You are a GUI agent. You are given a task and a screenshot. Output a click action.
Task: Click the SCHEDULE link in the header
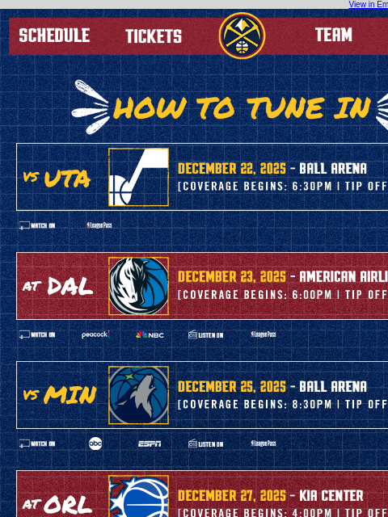coord(54,36)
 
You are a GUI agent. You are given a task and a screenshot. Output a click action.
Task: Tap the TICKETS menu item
coord(154,36)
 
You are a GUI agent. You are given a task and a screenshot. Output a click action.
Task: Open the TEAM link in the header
coord(334,35)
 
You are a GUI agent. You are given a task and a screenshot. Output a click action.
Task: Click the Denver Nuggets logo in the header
coord(242,36)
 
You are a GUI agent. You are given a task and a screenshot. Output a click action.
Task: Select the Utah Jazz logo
coord(139,177)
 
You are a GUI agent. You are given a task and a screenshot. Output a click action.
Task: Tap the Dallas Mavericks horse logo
coord(139,286)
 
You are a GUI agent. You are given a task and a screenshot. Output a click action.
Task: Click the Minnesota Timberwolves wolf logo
coord(139,395)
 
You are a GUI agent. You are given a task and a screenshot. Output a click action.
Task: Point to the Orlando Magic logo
coord(139,496)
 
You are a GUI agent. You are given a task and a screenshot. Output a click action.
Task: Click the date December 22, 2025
coord(232,169)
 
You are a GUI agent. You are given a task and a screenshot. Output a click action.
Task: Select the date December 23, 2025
coord(232,277)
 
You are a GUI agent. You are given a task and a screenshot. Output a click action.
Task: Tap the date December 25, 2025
coord(232,387)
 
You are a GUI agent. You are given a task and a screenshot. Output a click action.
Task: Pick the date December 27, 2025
coord(232,495)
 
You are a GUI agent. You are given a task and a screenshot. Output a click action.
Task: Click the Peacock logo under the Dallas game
coord(95,334)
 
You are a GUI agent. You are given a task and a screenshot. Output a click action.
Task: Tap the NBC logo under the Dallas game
coord(150,334)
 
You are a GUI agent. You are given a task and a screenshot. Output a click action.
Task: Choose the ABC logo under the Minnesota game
coord(95,443)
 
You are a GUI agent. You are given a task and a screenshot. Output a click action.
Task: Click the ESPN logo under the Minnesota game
coord(150,443)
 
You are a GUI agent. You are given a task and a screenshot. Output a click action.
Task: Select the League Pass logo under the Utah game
coord(99,225)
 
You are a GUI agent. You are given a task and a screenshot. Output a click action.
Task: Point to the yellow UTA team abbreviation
coord(67,179)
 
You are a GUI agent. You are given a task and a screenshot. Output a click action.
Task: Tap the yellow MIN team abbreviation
coord(70,396)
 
